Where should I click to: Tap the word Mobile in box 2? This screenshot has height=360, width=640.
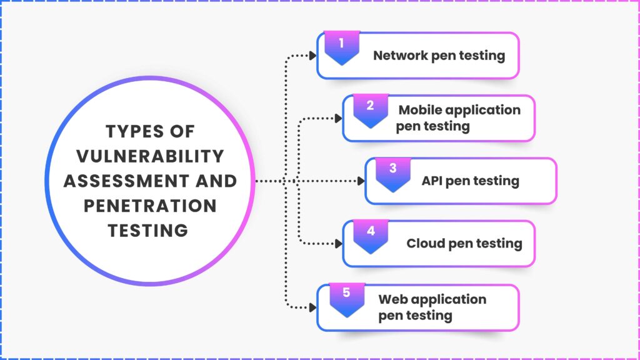pyautogui.click(x=421, y=110)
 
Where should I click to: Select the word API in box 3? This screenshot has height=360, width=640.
pyautogui.click(x=431, y=181)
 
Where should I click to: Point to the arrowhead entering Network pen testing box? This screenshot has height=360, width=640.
pyautogui.click(x=312, y=56)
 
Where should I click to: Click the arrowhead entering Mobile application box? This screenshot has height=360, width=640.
pyautogui.click(x=338, y=118)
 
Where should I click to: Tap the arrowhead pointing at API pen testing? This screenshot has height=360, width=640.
pyautogui.click(x=361, y=181)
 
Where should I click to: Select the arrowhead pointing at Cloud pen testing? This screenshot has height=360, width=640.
pyautogui.click(x=338, y=244)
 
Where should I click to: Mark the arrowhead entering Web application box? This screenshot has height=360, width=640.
pyautogui.click(x=312, y=307)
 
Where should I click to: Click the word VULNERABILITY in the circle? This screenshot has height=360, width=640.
pyautogui.click(x=150, y=156)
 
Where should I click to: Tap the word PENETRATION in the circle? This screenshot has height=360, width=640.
pyautogui.click(x=150, y=206)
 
